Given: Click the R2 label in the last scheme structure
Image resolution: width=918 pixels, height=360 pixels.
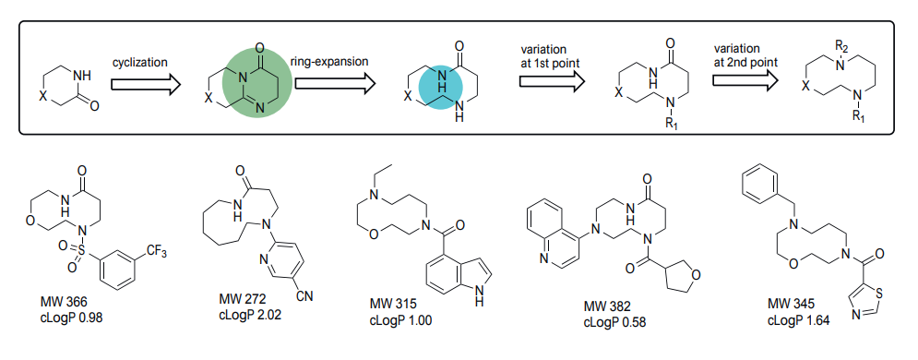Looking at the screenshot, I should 841,44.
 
